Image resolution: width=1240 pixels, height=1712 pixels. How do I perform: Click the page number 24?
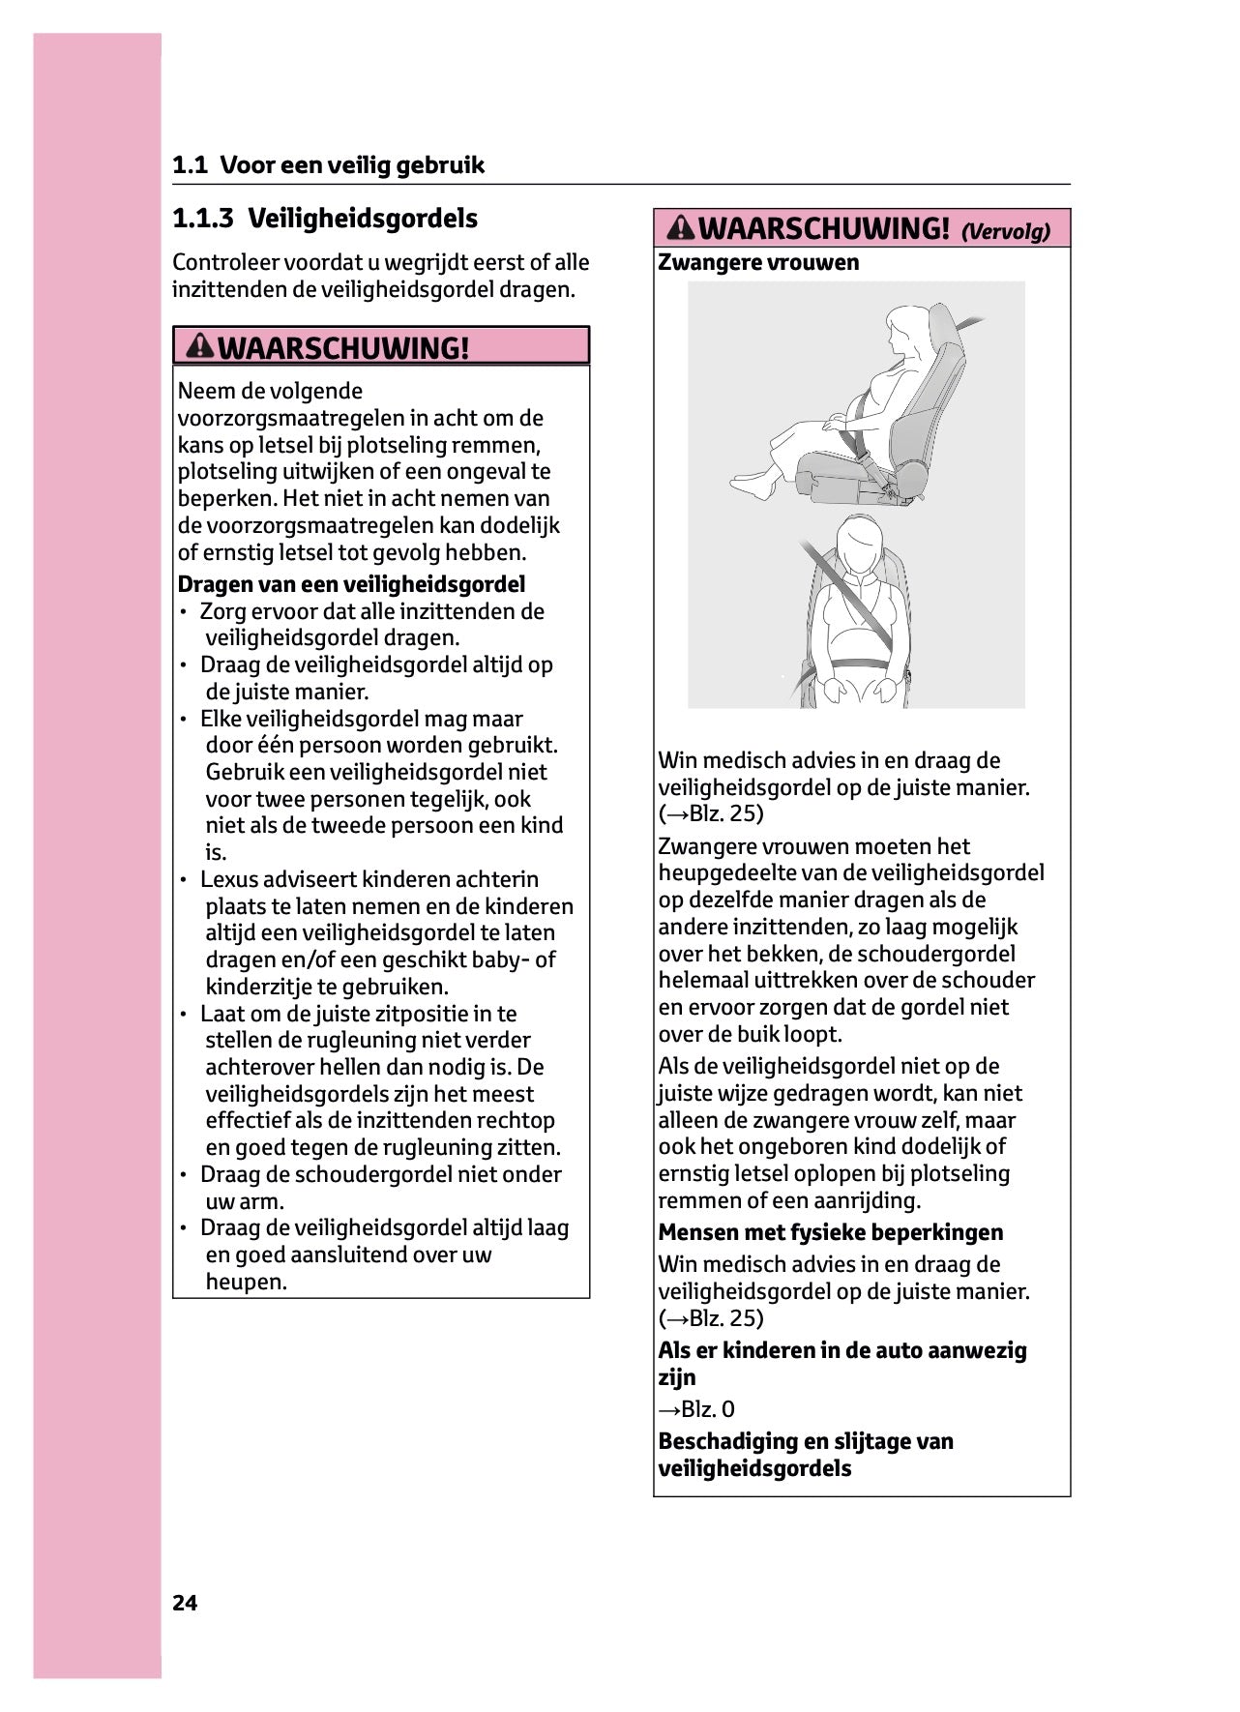click(x=185, y=1603)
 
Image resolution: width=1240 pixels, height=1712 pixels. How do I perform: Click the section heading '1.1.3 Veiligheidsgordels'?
click(x=325, y=219)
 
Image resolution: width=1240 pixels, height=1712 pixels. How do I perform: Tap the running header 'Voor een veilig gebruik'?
click(x=352, y=165)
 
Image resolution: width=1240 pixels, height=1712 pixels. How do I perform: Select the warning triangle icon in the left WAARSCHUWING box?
click(x=200, y=345)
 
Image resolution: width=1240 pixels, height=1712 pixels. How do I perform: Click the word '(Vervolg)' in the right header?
click(x=1005, y=231)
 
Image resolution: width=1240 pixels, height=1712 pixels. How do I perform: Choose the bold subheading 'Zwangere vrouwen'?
click(x=758, y=262)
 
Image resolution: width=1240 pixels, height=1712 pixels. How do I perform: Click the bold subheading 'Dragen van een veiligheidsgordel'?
click(x=351, y=584)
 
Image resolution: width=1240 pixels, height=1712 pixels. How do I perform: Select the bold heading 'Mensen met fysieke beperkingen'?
click(x=830, y=1232)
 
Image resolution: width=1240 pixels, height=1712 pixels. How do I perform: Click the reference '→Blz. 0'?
click(x=696, y=1409)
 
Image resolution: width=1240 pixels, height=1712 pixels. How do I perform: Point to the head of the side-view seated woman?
click(x=909, y=329)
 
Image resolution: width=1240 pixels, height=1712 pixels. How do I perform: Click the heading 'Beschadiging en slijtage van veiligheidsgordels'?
click(x=806, y=1455)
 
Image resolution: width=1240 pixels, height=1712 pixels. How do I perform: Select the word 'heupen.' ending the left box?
click(x=247, y=1283)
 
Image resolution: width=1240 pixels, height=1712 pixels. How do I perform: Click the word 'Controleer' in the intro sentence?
click(x=225, y=263)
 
